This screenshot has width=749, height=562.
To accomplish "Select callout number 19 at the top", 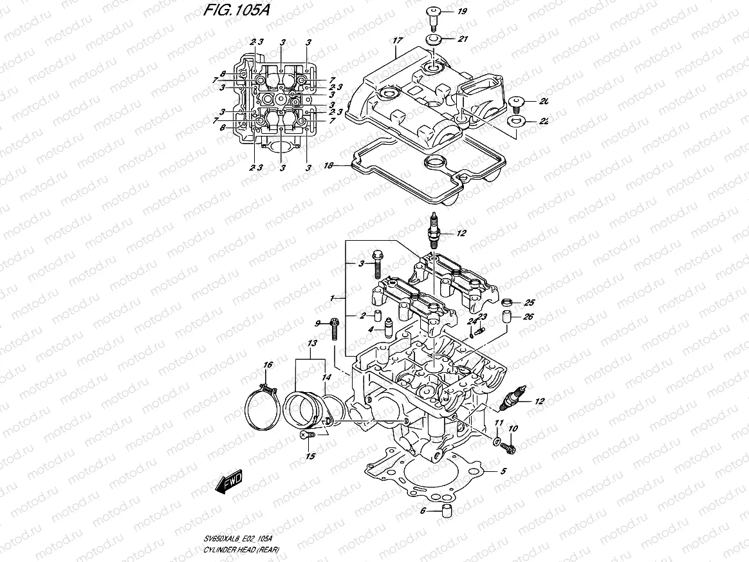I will coord(463,12).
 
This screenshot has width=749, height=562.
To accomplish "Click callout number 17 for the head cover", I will coord(397,41).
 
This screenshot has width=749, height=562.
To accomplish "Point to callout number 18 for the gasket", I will coord(328,165).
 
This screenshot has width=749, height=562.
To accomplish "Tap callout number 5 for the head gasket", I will coord(504,471).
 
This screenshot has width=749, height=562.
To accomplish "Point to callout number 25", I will coord(530,303).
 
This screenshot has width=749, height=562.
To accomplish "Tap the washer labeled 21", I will coord(434,41).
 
